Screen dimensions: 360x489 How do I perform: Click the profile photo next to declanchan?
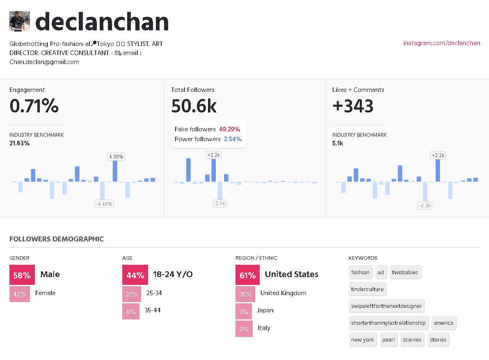pos(20,21)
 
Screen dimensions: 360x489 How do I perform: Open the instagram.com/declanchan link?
pos(441,43)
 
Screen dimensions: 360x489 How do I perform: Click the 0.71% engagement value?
pos(34,106)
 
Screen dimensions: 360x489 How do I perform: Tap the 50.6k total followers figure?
pos(194,106)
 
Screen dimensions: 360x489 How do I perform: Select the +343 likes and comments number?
pos(353,106)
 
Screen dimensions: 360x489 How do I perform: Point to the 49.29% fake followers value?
pos(229,129)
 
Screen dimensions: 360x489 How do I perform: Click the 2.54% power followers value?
pos(233,139)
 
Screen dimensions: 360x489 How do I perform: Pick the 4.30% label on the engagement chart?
pos(116,156)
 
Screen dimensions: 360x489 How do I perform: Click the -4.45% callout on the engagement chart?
pos(104,204)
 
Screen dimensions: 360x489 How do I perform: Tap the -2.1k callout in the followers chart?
pos(219,204)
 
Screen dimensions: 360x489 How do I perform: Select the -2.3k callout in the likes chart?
pos(425,205)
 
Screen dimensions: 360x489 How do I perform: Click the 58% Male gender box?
pos(22,275)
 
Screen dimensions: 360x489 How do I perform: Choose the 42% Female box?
pos(19,294)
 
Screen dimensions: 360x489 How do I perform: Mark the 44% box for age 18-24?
pos(135,275)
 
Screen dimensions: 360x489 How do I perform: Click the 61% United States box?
pos(247,275)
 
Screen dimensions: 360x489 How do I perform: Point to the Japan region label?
pos(265,311)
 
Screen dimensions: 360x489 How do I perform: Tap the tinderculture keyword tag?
pos(367,289)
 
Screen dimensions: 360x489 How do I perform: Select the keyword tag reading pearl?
pos(388,340)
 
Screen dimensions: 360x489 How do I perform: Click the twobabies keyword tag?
pos(405,272)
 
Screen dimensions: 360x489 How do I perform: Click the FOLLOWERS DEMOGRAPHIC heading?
pos(57,239)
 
